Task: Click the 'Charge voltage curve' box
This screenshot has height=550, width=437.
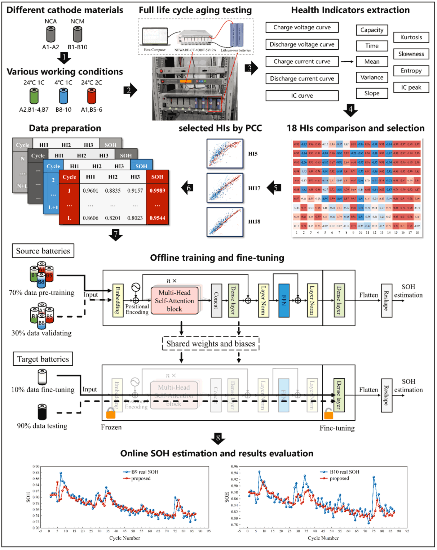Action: point(302,27)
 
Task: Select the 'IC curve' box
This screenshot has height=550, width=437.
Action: point(302,96)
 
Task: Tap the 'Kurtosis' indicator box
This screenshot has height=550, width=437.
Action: point(411,37)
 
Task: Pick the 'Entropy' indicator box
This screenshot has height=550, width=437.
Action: point(411,71)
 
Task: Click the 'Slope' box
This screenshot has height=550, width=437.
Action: point(372,93)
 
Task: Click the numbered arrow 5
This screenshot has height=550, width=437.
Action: point(275,187)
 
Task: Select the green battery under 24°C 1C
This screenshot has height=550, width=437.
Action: point(34,96)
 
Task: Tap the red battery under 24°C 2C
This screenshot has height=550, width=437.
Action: point(92,96)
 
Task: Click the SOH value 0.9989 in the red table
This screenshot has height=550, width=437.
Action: point(157,191)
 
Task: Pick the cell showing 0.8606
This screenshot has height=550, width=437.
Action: point(90,218)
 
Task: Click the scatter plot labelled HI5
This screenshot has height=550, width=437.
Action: point(225,154)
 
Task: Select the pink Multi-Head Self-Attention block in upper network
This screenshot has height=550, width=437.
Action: point(175,301)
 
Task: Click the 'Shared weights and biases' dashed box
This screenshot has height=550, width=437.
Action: point(211,344)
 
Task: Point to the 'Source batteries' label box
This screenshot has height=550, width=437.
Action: point(43,251)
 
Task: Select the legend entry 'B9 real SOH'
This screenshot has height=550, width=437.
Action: point(144,472)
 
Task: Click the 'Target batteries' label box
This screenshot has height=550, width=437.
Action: point(43,359)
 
